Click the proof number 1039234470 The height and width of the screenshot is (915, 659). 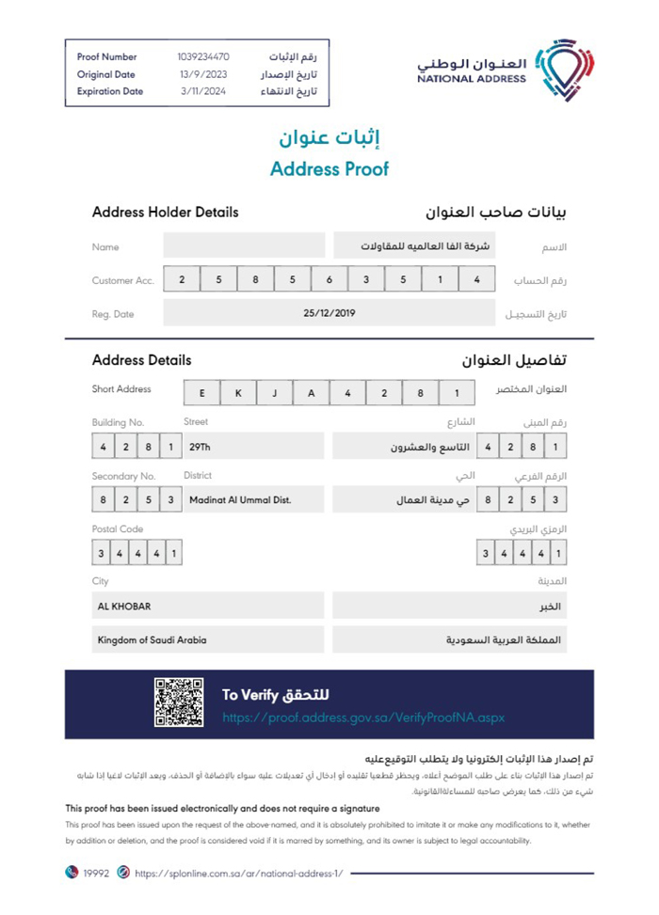click(x=202, y=56)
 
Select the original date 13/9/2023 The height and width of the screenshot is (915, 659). click(x=202, y=74)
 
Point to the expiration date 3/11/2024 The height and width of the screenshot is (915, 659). click(x=202, y=91)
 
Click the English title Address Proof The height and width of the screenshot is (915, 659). click(x=329, y=170)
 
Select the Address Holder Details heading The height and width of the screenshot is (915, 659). click(x=165, y=213)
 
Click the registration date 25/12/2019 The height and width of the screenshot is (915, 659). click(x=329, y=313)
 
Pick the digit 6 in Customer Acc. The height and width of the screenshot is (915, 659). click(x=329, y=279)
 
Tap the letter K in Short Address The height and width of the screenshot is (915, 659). click(x=238, y=393)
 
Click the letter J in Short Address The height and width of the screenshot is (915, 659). click(x=274, y=393)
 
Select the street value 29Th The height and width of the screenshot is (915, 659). click(x=200, y=447)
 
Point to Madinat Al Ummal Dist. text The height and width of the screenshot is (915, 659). click(x=240, y=499)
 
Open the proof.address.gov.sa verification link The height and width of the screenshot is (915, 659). click(x=363, y=718)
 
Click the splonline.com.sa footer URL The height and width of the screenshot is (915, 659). click(x=239, y=873)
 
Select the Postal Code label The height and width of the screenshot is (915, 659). click(x=118, y=529)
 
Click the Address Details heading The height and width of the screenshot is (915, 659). click(x=141, y=360)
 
